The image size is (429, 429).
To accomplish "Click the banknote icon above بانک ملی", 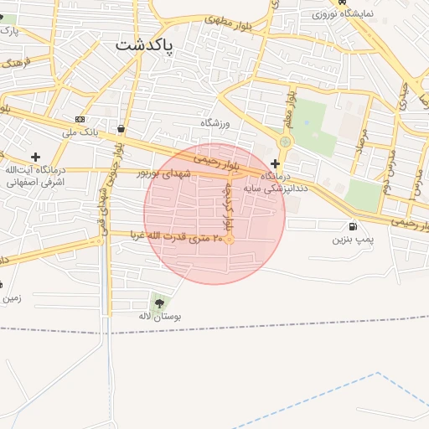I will click(80, 119).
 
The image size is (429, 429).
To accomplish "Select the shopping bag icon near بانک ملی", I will click(122, 129).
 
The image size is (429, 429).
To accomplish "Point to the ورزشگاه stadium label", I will click(214, 123).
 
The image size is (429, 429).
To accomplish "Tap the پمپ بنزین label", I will click(350, 240).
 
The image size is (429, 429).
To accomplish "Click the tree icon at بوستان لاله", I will click(159, 303).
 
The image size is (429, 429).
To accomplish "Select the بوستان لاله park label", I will click(159, 318).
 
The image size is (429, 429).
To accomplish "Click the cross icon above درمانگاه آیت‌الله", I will click(35, 156).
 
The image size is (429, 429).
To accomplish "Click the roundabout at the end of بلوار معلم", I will click(285, 142).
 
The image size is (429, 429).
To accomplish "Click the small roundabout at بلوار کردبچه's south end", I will click(229, 240).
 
